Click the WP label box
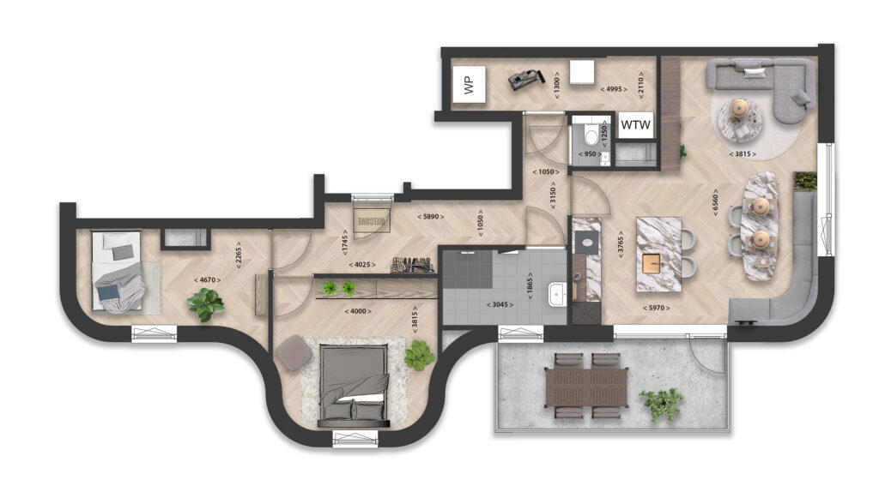pos(469,84)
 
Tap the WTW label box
pos(636,125)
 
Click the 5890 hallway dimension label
pos(431,217)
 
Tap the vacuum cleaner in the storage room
pos(526,79)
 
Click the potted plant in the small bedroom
pos(206,303)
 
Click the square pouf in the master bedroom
pos(294,352)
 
